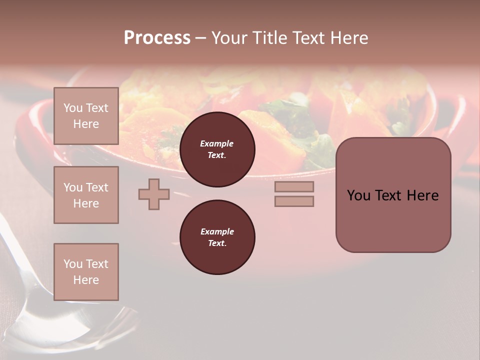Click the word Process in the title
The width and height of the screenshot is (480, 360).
pos(157,38)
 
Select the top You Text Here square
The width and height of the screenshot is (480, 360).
pos(86,116)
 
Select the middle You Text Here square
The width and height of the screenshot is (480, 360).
pos(86,195)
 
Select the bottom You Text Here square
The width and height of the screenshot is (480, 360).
pos(86,272)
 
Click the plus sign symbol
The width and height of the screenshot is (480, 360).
pos(154,194)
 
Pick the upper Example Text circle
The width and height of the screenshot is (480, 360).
pos(217,149)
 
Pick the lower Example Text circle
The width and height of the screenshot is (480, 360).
pos(217,237)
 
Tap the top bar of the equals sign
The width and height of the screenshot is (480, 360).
pos(294,186)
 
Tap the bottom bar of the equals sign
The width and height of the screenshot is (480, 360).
pos(294,201)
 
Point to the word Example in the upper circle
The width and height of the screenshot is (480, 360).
pos(217,143)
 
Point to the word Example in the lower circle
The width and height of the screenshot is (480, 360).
pos(217,231)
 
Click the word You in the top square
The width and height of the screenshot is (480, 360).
pos(72,108)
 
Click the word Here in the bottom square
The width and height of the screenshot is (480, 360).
pos(86,280)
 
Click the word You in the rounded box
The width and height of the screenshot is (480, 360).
pos(358,195)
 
